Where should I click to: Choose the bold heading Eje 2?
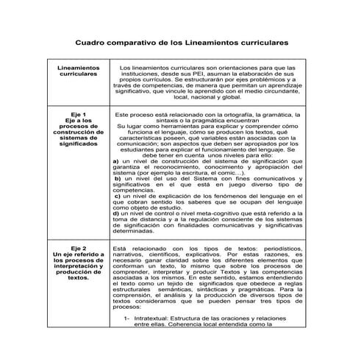click(x=77, y=249)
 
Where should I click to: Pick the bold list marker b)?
click(x=117, y=178)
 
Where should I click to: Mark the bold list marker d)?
click(x=116, y=213)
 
